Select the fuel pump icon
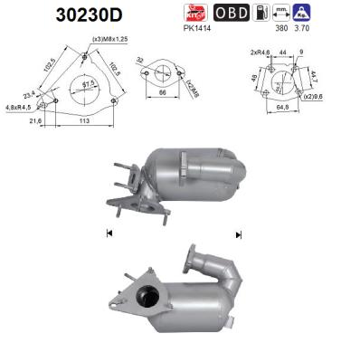point(262,13)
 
